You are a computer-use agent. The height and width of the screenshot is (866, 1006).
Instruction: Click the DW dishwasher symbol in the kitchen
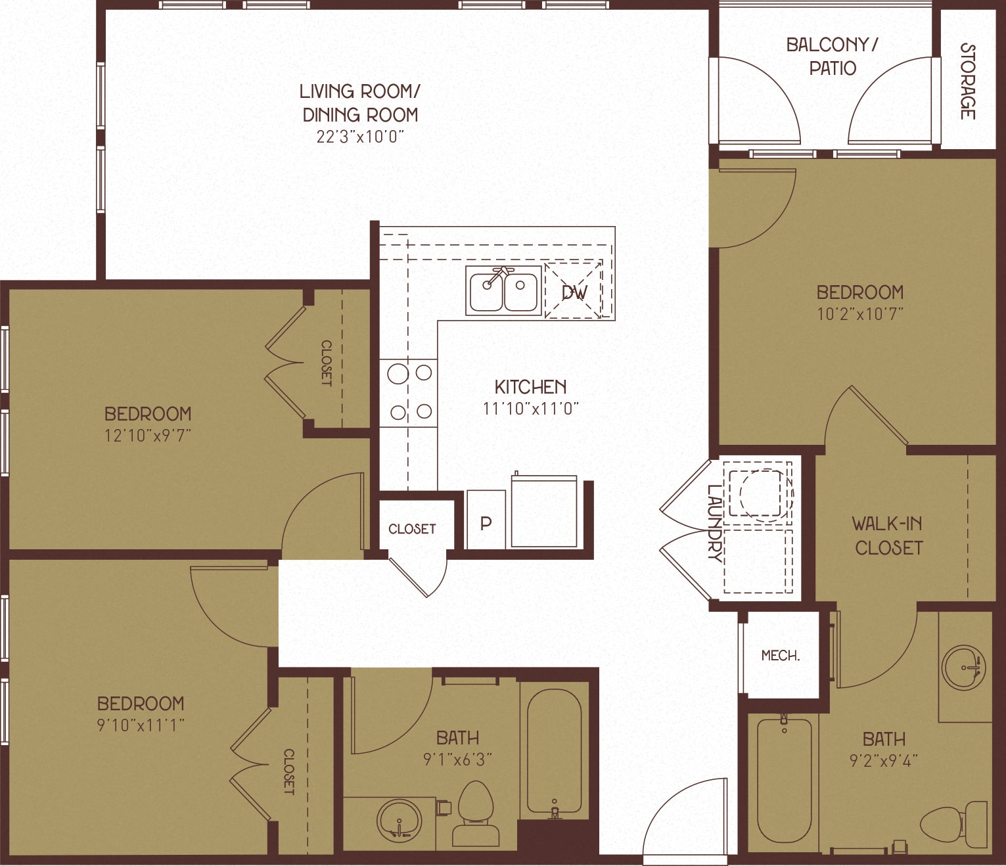point(574,291)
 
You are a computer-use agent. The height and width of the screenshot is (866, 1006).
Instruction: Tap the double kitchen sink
point(504,290)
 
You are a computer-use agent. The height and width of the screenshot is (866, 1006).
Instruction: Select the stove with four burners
point(409,393)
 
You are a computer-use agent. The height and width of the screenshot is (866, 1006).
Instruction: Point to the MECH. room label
point(780,655)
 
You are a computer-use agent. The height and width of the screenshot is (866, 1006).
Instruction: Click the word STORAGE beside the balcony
point(967,81)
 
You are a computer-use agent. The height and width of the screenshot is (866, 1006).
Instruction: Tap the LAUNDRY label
point(714,522)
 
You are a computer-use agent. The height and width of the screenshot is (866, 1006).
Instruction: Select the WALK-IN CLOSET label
point(888,536)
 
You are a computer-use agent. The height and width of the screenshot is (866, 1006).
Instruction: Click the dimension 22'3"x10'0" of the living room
point(359,137)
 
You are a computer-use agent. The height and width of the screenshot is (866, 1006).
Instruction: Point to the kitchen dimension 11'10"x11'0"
point(530,409)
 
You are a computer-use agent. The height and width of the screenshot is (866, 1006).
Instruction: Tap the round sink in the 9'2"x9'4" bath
point(963,668)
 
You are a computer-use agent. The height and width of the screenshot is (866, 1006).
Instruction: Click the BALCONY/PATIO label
point(832,57)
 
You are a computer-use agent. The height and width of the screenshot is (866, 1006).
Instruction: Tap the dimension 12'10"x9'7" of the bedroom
point(148,435)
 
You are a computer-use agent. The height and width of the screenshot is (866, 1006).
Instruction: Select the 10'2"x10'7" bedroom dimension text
point(859,313)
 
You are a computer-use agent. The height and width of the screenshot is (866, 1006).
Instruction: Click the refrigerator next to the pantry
point(544,511)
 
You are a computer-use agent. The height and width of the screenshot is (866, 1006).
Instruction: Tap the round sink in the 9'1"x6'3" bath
point(399,819)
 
